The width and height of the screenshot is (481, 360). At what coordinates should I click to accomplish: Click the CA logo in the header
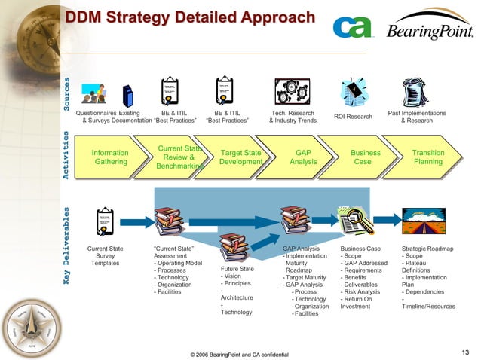point(352,29)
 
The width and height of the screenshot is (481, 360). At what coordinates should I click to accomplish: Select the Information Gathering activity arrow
point(110,157)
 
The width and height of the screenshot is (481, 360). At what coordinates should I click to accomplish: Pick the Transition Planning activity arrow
point(427,157)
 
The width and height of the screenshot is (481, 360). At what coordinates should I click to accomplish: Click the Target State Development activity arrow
point(240,157)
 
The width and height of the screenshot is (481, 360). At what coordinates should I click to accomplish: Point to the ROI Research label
point(354,117)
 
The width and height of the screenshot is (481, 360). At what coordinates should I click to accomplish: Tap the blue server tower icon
point(127,96)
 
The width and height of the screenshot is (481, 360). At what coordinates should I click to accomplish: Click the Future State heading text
point(237,269)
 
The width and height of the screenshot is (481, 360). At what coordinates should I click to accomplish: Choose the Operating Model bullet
point(178,263)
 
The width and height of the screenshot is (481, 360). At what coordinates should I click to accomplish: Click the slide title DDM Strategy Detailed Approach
point(188,17)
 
